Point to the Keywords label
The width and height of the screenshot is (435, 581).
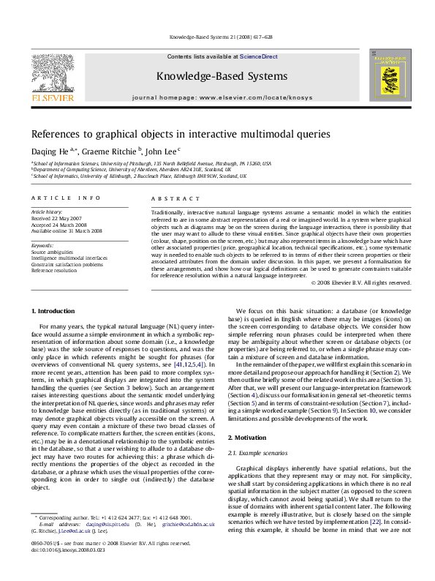[x=43, y=244]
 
